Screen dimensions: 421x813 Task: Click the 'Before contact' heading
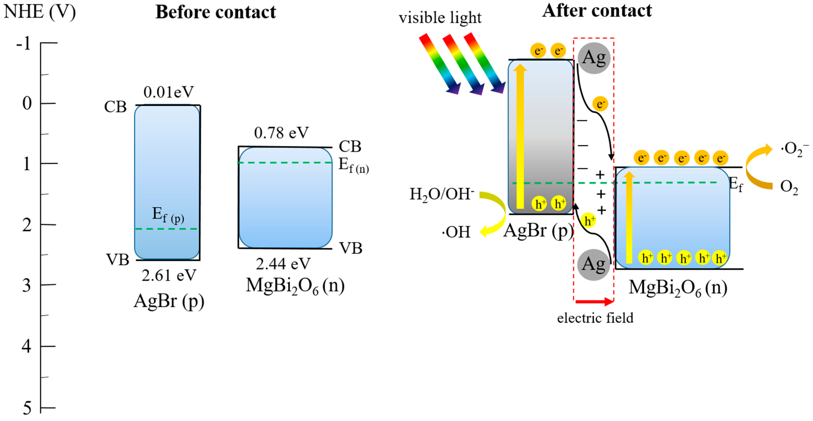(x=216, y=12)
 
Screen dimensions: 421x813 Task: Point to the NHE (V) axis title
(x=40, y=12)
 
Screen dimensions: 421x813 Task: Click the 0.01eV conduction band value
(x=169, y=92)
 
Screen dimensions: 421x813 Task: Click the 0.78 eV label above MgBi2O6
(x=281, y=133)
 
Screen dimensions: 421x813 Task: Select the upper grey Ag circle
(x=594, y=58)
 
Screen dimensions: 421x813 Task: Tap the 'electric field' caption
(x=595, y=318)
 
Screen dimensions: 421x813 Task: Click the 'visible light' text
(x=440, y=18)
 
